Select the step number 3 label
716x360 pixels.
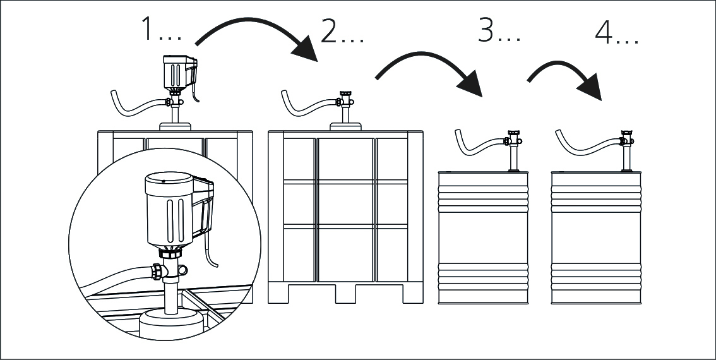tap(498, 30)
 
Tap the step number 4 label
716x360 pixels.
tap(616, 33)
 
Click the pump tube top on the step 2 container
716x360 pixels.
tap(345, 99)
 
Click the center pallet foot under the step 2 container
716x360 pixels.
tap(345, 293)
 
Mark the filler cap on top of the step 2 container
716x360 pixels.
tap(345, 126)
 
